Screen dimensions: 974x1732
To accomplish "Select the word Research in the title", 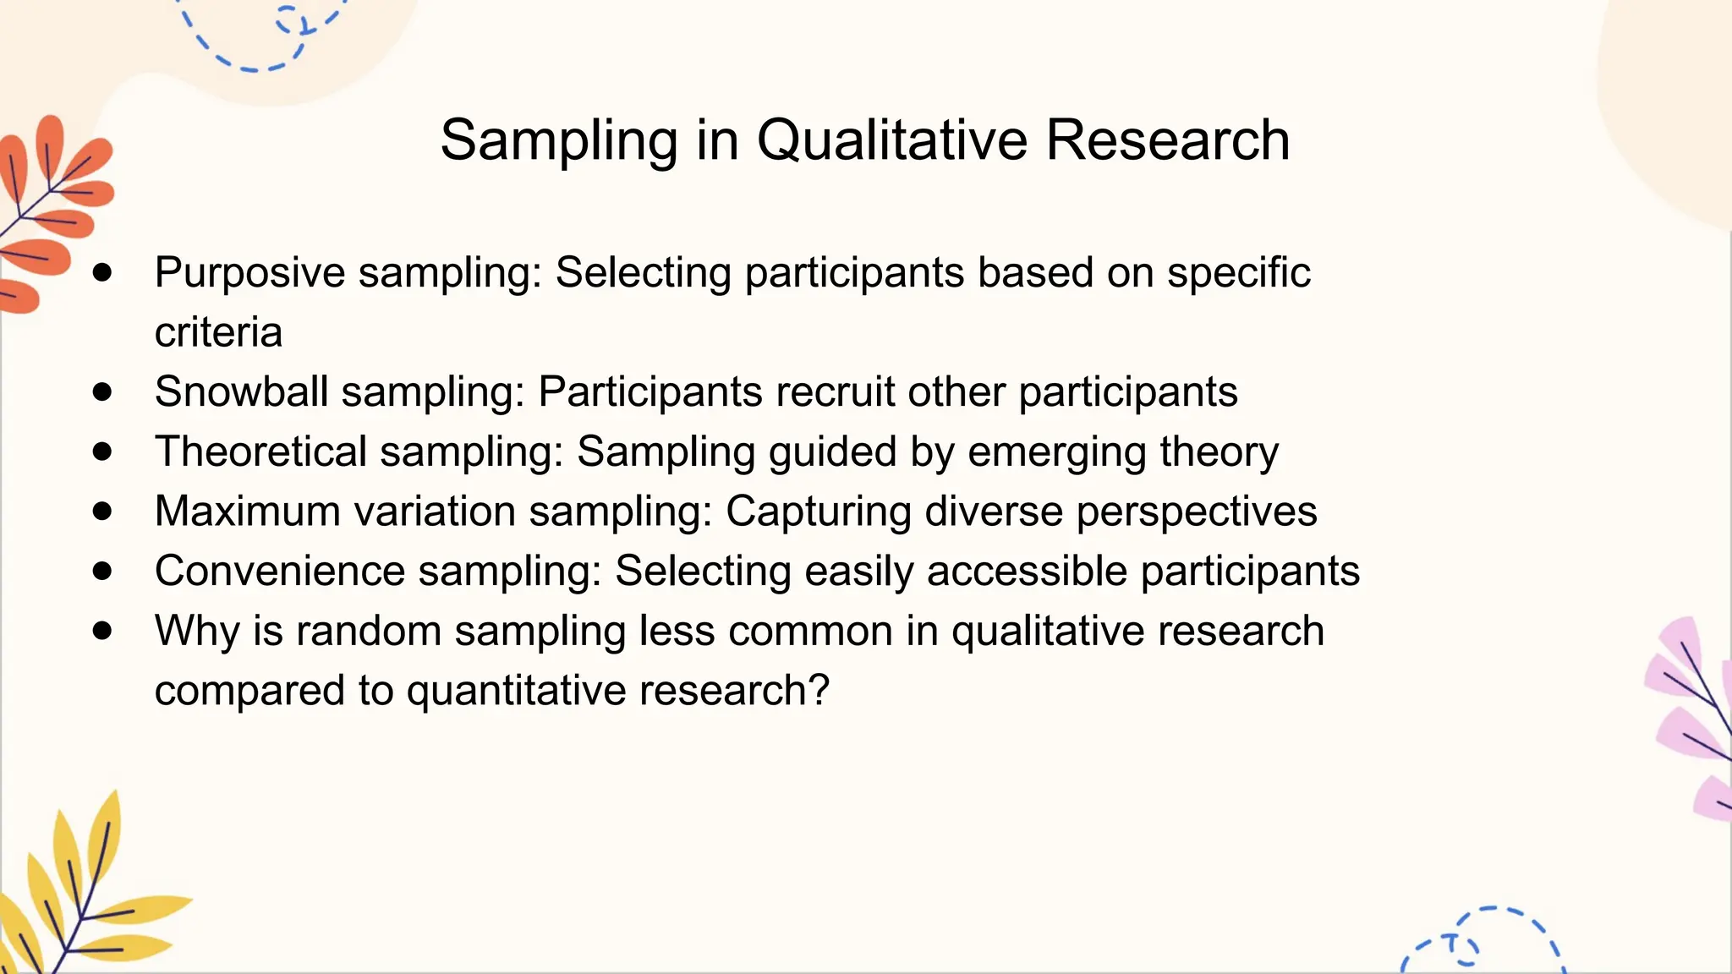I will tap(1167, 140).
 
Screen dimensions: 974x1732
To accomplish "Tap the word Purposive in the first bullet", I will tap(249, 274).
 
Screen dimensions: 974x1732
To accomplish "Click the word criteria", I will tap(218, 332).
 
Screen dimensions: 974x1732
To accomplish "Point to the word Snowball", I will tap(241, 392).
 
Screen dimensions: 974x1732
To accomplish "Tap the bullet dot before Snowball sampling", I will tap(102, 391).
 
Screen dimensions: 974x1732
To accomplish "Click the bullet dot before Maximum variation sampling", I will tap(102, 511).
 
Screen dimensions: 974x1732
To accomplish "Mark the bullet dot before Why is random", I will tap(102, 630).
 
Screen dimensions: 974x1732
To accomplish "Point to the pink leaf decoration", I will tap(1691, 719).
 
